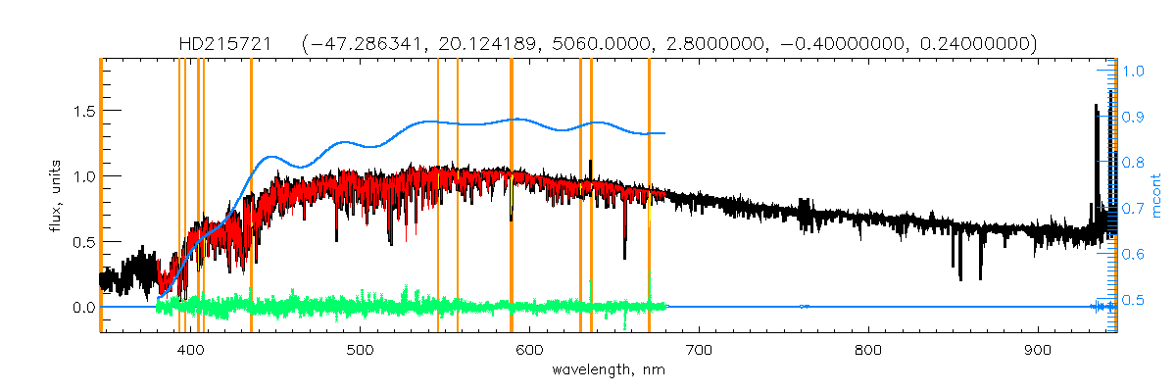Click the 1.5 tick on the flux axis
click(x=81, y=111)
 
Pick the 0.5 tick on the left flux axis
click(x=81, y=242)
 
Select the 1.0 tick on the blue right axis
click(x=1134, y=71)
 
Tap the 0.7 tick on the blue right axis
click(x=1134, y=208)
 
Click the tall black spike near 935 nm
click(x=1095, y=108)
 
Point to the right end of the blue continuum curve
click(x=664, y=132)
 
